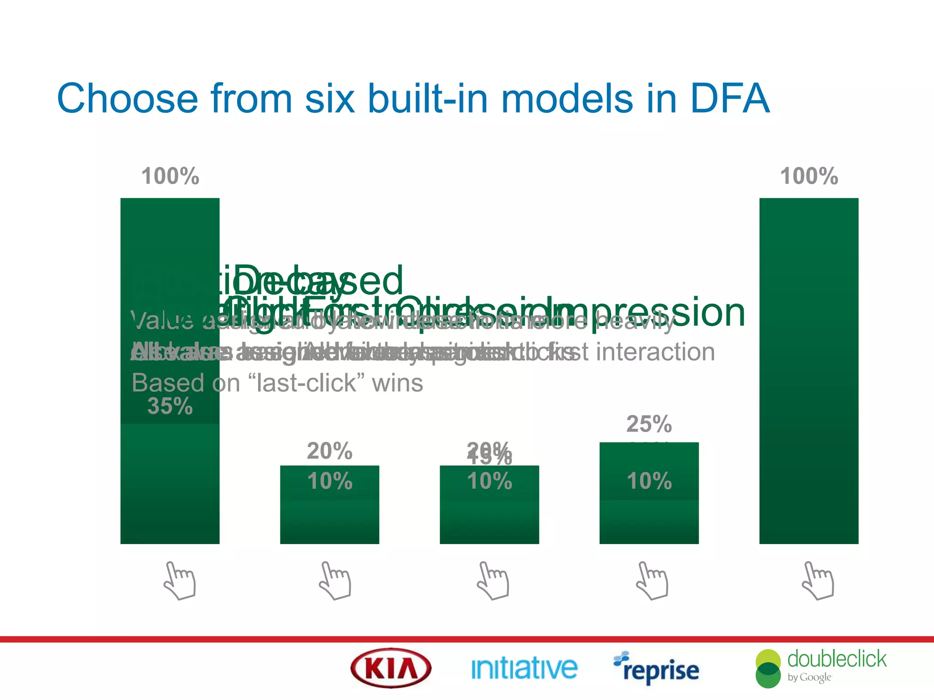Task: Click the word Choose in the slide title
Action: (127, 99)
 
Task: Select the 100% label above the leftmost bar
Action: (170, 176)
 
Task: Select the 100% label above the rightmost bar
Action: (809, 176)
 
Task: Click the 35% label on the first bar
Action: (170, 406)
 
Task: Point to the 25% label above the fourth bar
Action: (649, 424)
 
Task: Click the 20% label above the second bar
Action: (329, 451)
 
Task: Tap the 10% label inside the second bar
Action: (329, 481)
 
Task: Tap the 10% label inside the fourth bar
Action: (649, 481)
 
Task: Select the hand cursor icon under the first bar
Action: (180, 581)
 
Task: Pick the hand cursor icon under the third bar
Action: (493, 581)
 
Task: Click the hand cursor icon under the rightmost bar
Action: (818, 581)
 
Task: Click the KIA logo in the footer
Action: (391, 669)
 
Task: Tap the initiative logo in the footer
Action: (524, 669)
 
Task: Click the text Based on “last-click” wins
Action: (277, 383)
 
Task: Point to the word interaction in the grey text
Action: (655, 352)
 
